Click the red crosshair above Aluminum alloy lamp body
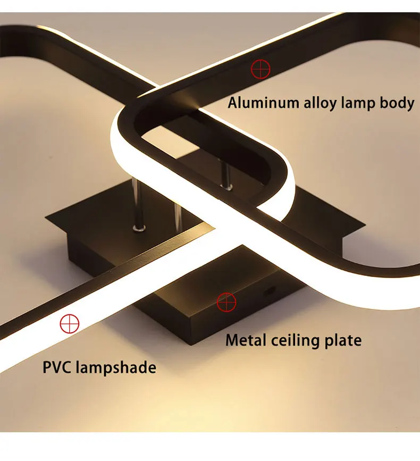(x=261, y=69)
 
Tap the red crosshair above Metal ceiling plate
(x=226, y=302)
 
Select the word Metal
(x=247, y=340)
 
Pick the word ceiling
(x=293, y=341)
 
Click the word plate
(x=342, y=341)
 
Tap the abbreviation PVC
(x=57, y=367)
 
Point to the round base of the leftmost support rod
(x=140, y=229)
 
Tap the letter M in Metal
(x=232, y=340)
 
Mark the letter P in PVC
(x=46, y=367)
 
